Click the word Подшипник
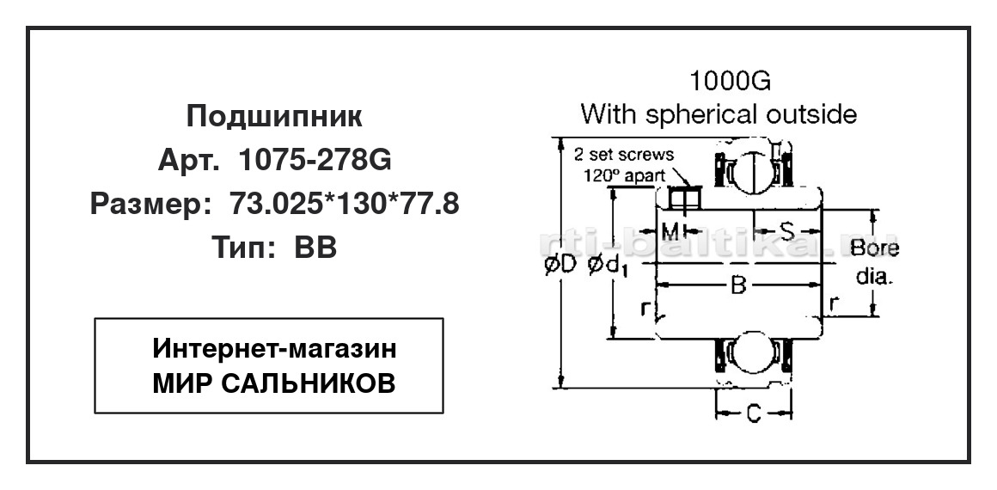pyautogui.click(x=275, y=118)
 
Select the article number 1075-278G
pyautogui.click(x=315, y=161)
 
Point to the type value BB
pyautogui.click(x=315, y=248)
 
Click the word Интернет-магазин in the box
pyautogui.click(x=275, y=349)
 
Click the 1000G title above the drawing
pyautogui.click(x=731, y=82)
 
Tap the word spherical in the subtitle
pyautogui.click(x=703, y=114)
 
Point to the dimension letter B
pyautogui.click(x=737, y=285)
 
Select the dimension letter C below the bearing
pyautogui.click(x=754, y=414)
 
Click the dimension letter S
pyautogui.click(x=787, y=231)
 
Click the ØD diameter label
pyautogui.click(x=560, y=268)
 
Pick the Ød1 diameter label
pyautogui.click(x=608, y=268)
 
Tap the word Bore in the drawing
pyautogui.click(x=875, y=248)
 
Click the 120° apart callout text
pyautogui.click(x=626, y=175)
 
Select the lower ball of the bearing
pyautogui.click(x=754, y=351)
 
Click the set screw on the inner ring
pyautogui.click(x=684, y=198)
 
